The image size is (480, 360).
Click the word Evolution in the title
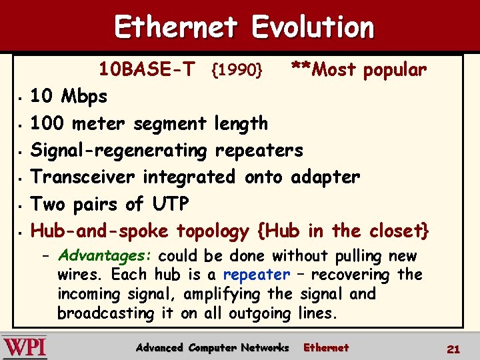tap(313, 27)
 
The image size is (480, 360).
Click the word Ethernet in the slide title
tap(176, 27)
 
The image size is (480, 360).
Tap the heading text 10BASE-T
tap(147, 69)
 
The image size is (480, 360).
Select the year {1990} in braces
tap(239, 69)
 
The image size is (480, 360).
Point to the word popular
tap(395, 69)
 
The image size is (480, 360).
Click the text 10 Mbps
tap(69, 97)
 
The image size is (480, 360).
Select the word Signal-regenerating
tap(119, 151)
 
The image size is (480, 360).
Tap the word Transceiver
tap(86, 177)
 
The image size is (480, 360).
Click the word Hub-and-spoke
tap(100, 231)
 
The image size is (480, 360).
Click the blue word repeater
tap(257, 275)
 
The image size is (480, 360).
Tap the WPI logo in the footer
tap(25, 348)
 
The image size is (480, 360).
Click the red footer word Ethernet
tap(326, 347)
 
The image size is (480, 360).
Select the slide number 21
tap(453, 349)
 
